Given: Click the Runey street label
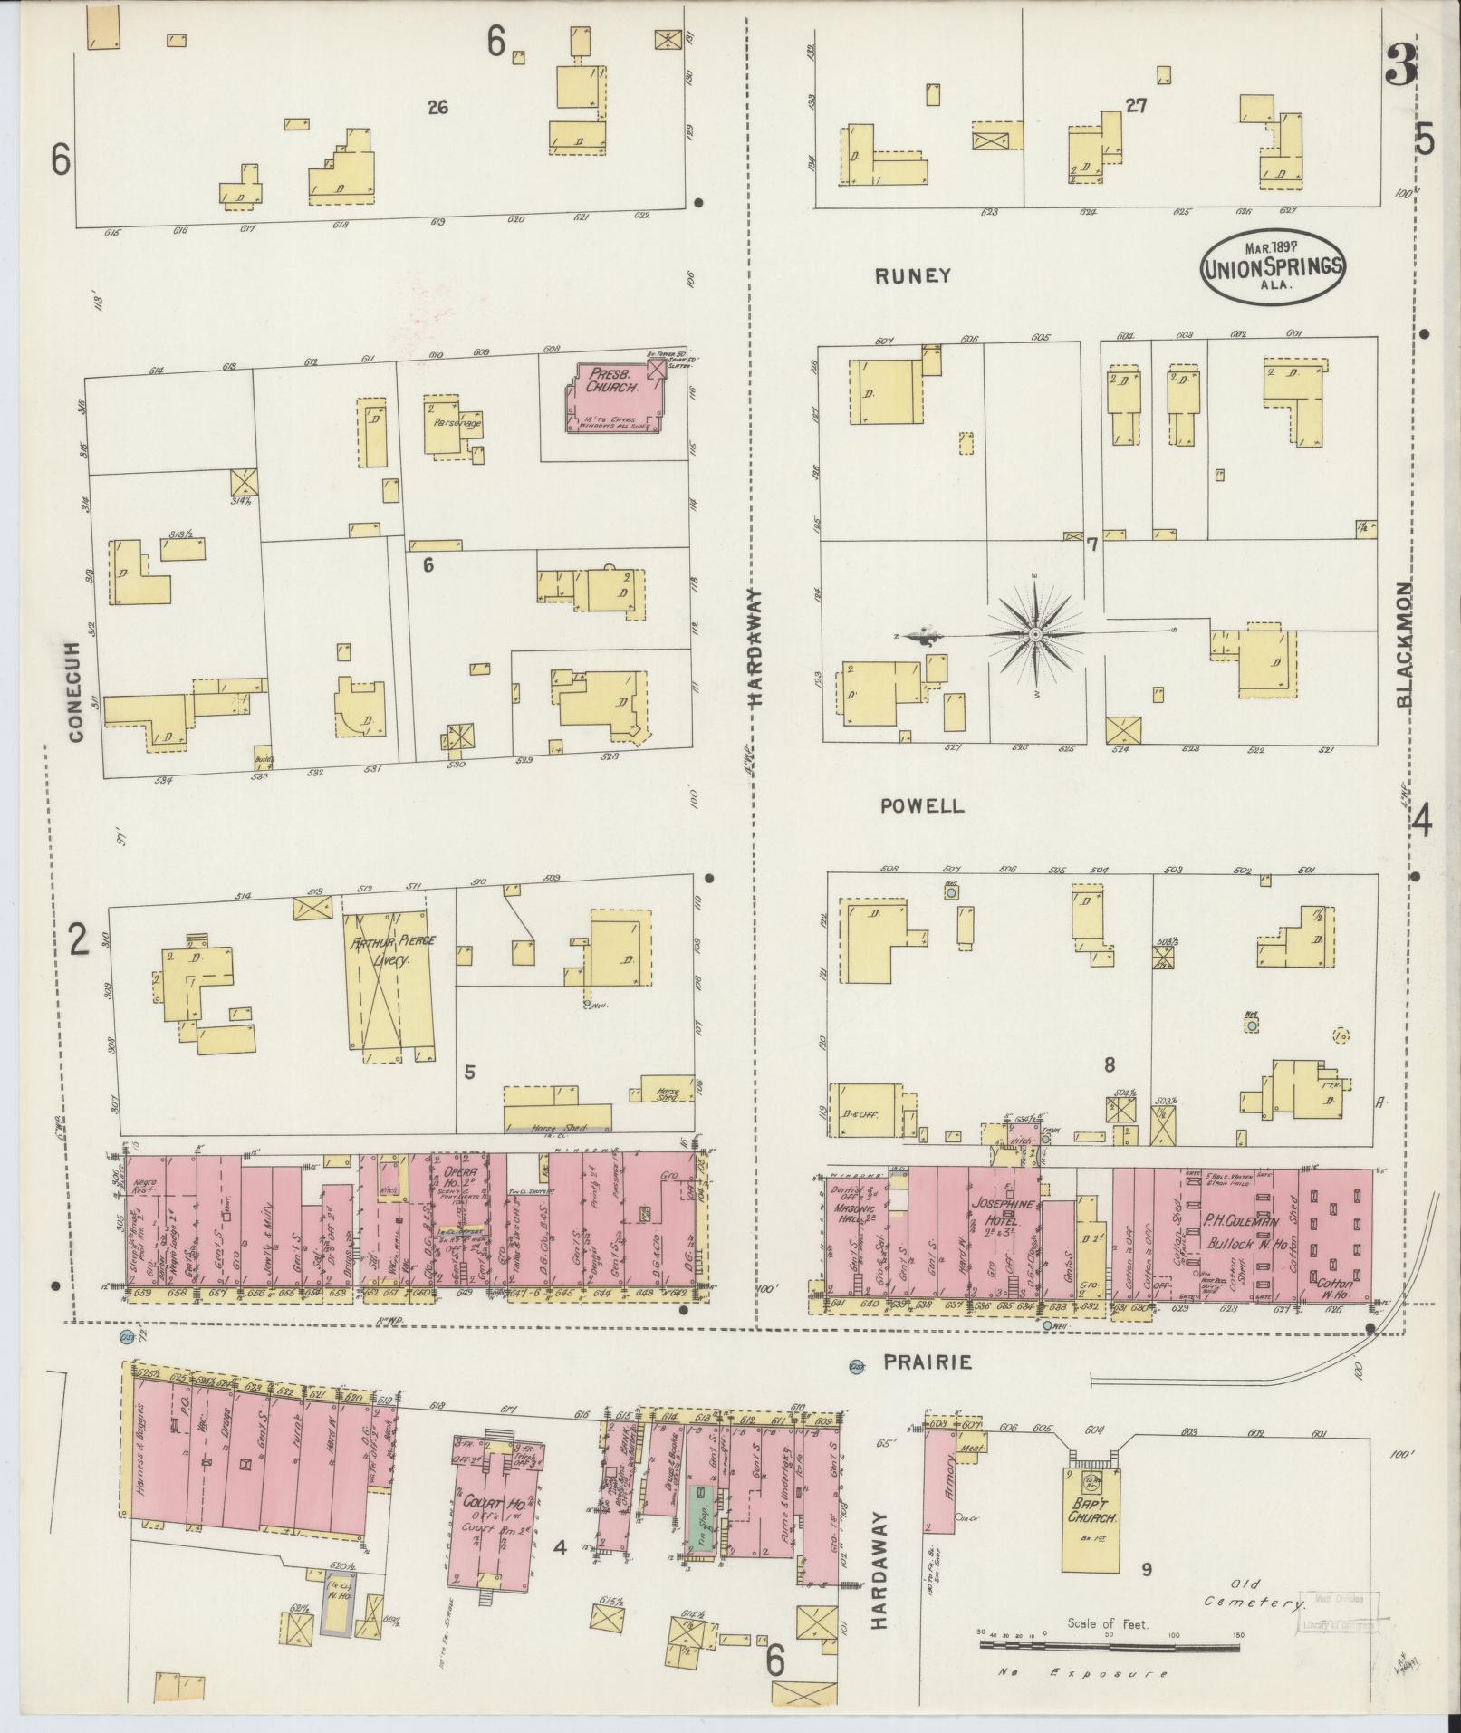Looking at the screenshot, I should tap(913, 276).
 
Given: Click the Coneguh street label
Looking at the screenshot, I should tap(75, 692).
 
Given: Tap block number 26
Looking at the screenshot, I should tap(438, 108).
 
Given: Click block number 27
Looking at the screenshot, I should tap(1135, 106).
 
